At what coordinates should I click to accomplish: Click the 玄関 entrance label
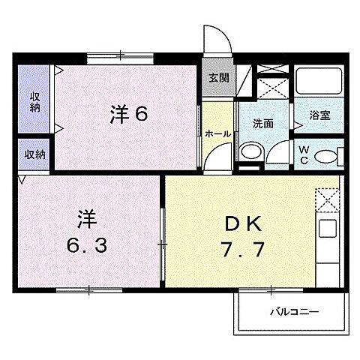point(219,77)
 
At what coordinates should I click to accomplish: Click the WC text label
point(304,154)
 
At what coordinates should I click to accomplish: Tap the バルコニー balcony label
point(295,310)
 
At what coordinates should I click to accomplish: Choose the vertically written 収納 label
point(34,103)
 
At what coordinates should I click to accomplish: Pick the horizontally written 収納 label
point(34,154)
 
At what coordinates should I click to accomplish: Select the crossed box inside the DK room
point(328,199)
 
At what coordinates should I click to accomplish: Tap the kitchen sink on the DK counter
point(328,228)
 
